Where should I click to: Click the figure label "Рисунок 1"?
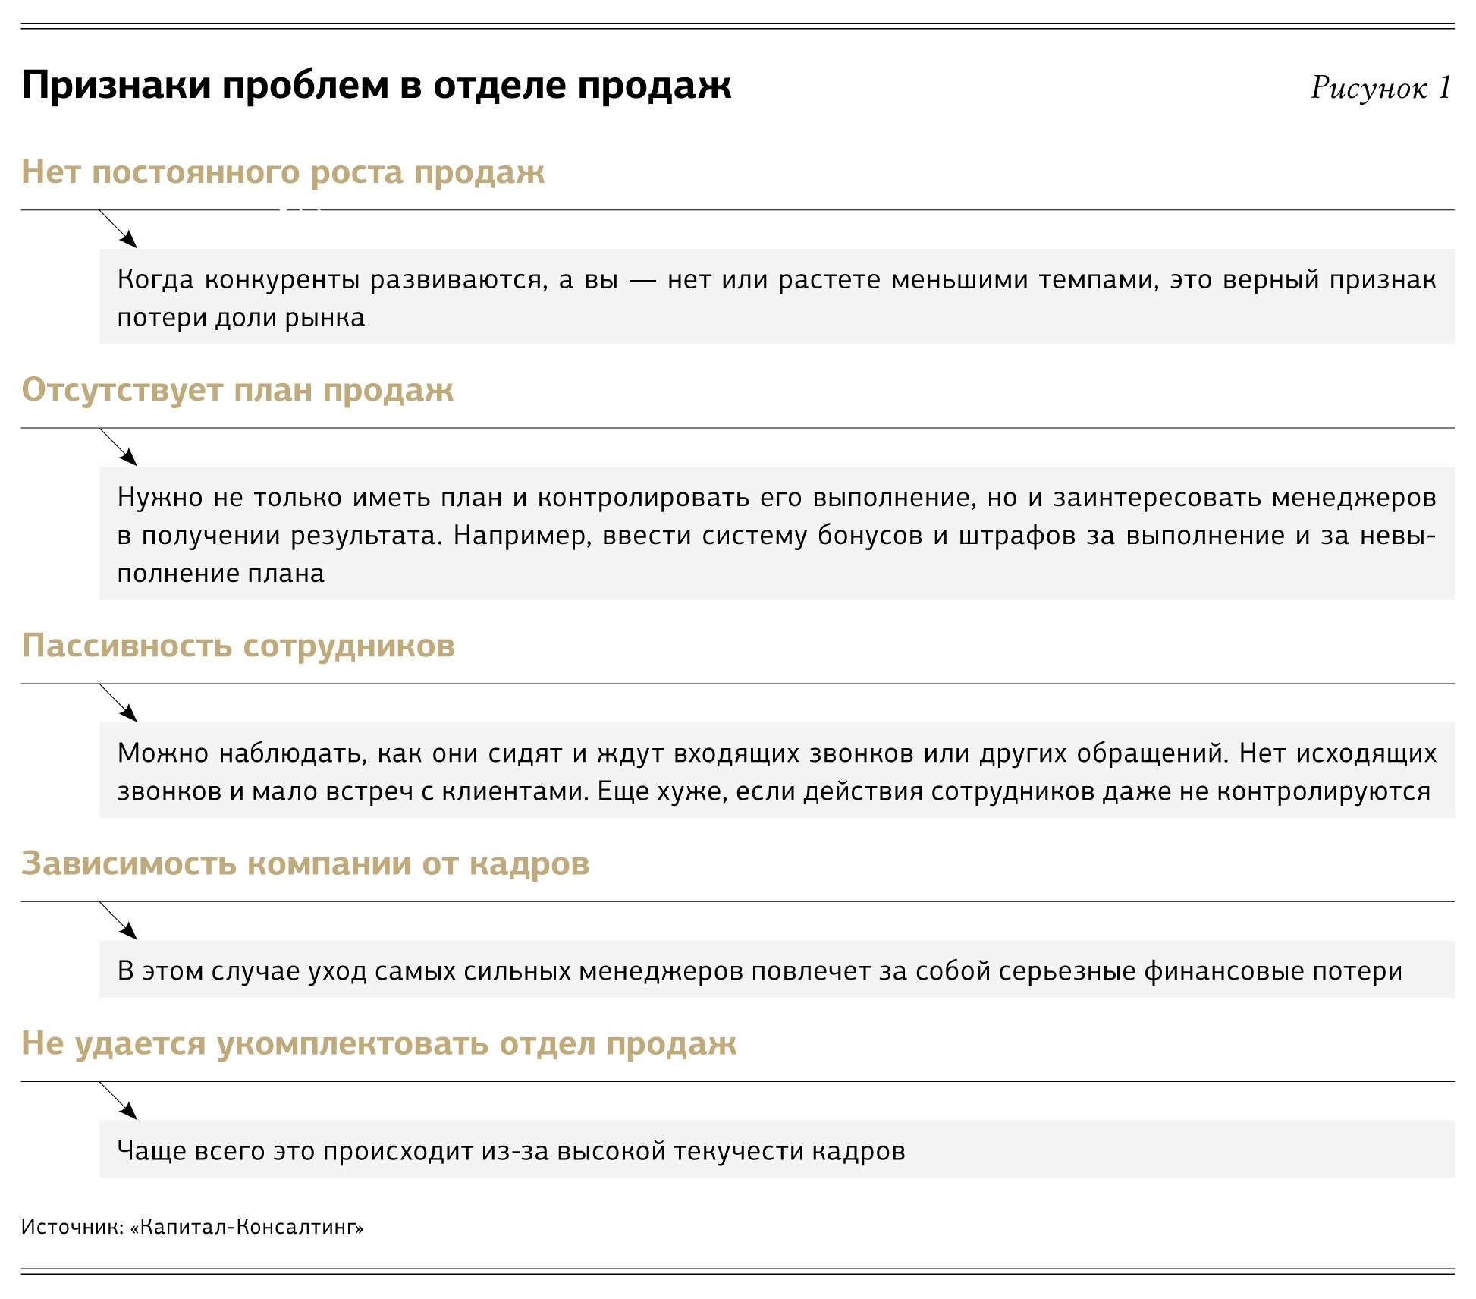(x=1380, y=88)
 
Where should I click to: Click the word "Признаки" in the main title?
(x=116, y=85)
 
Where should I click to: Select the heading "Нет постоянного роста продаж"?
(x=283, y=173)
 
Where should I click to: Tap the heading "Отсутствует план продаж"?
(x=237, y=390)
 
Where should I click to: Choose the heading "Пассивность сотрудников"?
(x=238, y=646)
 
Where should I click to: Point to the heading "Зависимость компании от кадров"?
(x=305, y=863)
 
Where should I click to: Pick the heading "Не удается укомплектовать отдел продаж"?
(x=378, y=1043)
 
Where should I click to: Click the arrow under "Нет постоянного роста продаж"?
(x=119, y=229)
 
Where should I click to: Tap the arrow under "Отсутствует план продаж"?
(x=119, y=447)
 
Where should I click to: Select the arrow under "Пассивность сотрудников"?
(x=119, y=703)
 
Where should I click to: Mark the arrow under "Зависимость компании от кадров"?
(x=119, y=920)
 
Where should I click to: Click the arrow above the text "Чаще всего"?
(x=119, y=1100)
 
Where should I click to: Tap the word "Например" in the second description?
(x=522, y=536)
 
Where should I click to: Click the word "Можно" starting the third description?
(x=162, y=753)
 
